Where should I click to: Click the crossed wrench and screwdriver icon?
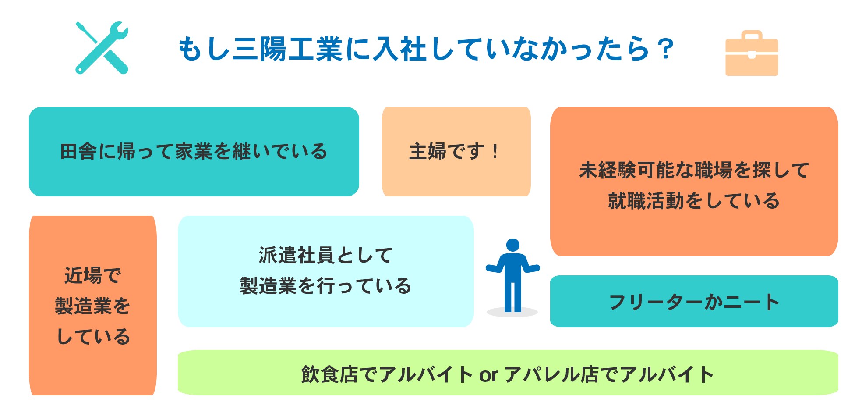[102, 48]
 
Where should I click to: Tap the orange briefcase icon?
[752, 54]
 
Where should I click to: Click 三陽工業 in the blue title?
[288, 49]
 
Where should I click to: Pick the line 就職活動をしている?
[694, 201]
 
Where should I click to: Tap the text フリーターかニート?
[694, 302]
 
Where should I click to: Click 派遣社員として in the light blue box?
[325, 255]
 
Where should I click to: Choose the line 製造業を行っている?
[325, 286]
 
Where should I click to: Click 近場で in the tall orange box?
[93, 276]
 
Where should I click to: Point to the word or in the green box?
[488, 375]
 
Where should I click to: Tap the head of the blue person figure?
[513, 245]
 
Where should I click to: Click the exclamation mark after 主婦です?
[495, 152]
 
